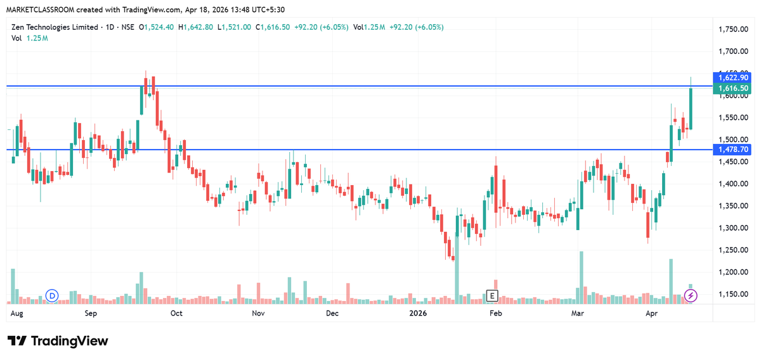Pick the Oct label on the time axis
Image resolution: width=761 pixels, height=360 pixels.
pyautogui.click(x=176, y=313)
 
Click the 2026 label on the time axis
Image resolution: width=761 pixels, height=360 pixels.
pyautogui.click(x=417, y=313)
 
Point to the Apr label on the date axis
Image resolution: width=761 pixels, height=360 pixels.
pyautogui.click(x=651, y=313)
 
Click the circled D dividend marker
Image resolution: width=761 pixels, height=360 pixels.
pyautogui.click(x=53, y=295)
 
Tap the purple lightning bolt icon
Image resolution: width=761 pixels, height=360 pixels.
pyautogui.click(x=691, y=295)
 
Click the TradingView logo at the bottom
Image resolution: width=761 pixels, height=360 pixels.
pyautogui.click(x=58, y=341)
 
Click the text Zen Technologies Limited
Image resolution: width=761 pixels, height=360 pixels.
pyautogui.click(x=55, y=27)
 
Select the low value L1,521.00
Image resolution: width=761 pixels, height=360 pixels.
pyautogui.click(x=234, y=27)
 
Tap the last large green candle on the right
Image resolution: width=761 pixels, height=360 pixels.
pyautogui.click(x=691, y=108)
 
